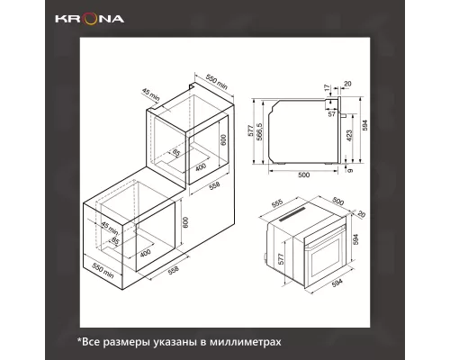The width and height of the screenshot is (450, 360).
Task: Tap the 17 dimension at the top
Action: (328, 87)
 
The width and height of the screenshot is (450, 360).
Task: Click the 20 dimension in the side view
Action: (346, 87)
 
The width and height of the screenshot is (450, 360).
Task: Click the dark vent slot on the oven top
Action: (297, 220)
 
